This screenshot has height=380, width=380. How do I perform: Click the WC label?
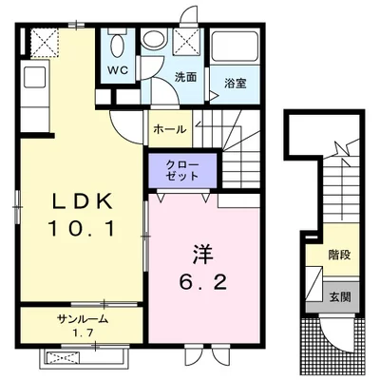point(117,70)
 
